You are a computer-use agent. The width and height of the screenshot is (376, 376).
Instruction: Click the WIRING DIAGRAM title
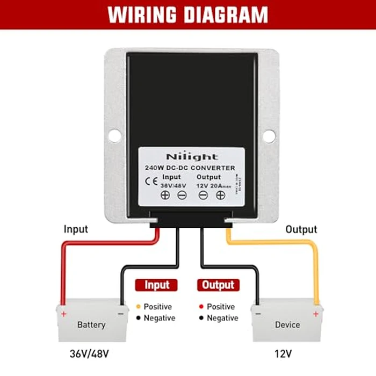pyautogui.click(x=187, y=15)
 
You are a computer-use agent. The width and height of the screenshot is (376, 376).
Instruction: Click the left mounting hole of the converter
pyautogui.click(x=114, y=136)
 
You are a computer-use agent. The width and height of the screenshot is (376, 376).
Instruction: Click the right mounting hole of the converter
pyautogui.click(x=269, y=136)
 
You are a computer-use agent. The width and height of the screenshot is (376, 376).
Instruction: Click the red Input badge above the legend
pyautogui.click(x=157, y=285)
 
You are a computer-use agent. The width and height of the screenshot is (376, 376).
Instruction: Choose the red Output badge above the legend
pyautogui.click(x=219, y=285)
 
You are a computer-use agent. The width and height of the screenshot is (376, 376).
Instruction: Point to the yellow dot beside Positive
pyautogui.click(x=138, y=307)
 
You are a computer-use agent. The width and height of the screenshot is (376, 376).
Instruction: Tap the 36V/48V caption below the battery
pyautogui.click(x=90, y=353)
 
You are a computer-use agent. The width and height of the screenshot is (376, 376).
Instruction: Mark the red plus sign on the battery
pyautogui.click(x=63, y=314)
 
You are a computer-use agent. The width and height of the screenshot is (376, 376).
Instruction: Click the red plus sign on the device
pyautogui.click(x=315, y=314)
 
